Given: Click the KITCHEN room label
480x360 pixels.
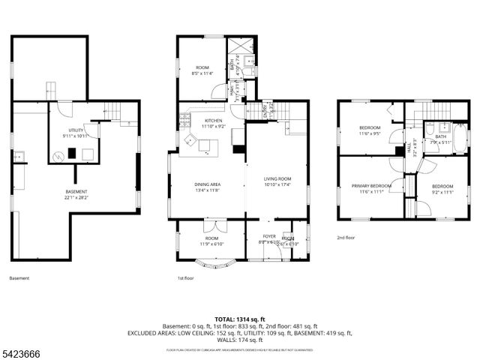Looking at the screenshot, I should click(213, 121).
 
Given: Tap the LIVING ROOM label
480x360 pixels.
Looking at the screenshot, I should click(277, 179).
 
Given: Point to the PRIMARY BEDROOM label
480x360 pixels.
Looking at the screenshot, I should click(373, 185).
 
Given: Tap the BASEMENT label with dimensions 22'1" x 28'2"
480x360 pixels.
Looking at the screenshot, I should click(76, 192).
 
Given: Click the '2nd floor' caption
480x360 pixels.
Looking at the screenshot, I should click(346, 238).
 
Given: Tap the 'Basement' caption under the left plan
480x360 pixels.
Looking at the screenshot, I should click(19, 278).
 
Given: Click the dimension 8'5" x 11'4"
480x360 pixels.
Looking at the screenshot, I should click(202, 73).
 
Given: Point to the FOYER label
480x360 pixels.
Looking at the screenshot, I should click(269, 236).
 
